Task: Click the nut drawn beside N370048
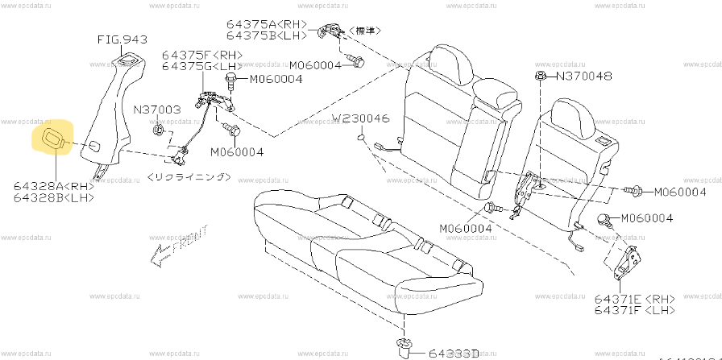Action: (x=537, y=76)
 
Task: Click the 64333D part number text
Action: (x=456, y=351)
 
